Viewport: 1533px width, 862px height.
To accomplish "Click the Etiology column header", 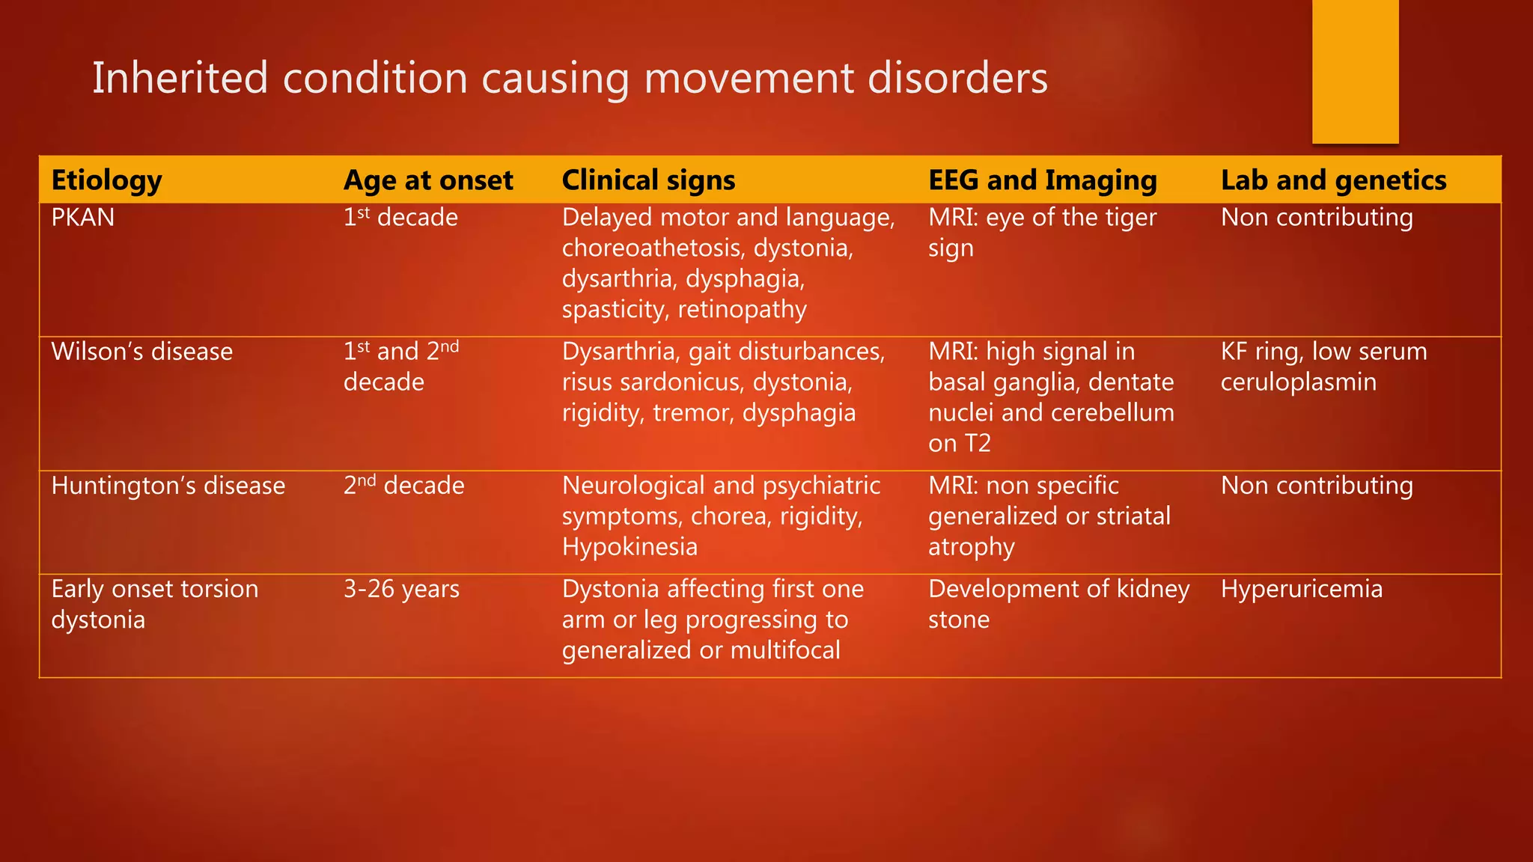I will [x=106, y=180].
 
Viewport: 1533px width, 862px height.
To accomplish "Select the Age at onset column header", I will [x=428, y=180].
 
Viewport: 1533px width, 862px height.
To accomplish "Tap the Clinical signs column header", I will [x=648, y=180].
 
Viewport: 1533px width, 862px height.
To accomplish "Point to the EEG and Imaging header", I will [x=1042, y=180].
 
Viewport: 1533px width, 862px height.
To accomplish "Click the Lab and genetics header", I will [x=1333, y=180].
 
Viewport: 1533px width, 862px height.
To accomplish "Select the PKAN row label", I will [x=83, y=218].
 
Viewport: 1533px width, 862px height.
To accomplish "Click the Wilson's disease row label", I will [x=141, y=352].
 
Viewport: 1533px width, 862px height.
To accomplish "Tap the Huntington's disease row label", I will [x=168, y=486].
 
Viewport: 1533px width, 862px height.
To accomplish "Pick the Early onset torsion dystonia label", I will [x=154, y=604].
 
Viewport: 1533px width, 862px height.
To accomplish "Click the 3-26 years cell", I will [x=401, y=590].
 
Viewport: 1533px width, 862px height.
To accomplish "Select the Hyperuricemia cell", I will [x=1301, y=589].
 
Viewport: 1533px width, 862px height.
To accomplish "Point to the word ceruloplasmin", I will [x=1298, y=382].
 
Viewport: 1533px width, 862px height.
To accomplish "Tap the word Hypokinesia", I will [x=630, y=547].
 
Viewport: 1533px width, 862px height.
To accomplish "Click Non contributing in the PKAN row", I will [x=1316, y=218].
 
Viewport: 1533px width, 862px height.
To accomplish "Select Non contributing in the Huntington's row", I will [x=1316, y=486].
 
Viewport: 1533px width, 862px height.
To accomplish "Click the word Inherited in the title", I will [x=180, y=78].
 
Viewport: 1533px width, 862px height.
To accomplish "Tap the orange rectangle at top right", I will [x=1355, y=71].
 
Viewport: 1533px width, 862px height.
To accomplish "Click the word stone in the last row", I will [x=958, y=620].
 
